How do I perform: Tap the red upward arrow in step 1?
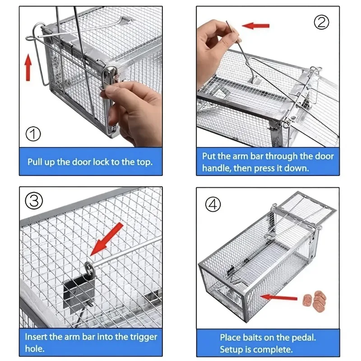click(28, 67)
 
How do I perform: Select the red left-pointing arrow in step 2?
click(255, 26)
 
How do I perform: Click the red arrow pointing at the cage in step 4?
click(279, 296)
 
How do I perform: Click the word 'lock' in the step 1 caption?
click(100, 162)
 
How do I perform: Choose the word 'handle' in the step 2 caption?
click(218, 168)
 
